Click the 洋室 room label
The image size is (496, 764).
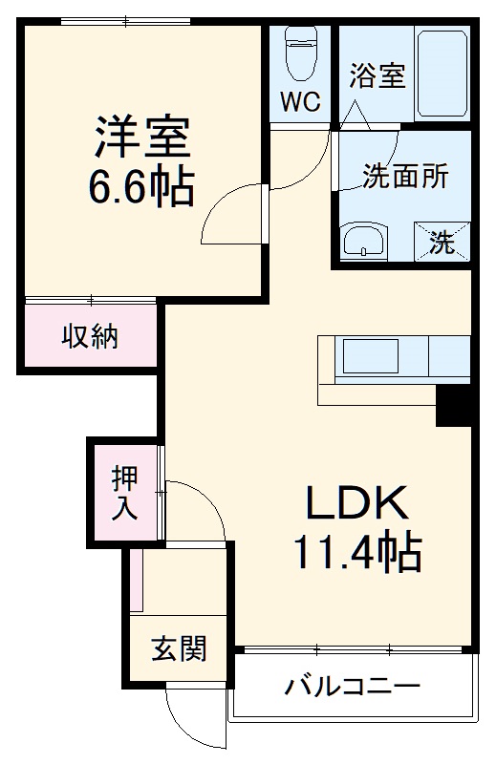[143, 136]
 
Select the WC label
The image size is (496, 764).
[299, 101]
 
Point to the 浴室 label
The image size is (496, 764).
[377, 76]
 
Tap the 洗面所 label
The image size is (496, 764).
[404, 177]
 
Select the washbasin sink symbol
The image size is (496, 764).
[364, 241]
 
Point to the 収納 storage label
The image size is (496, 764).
[91, 336]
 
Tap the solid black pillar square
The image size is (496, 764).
[455, 405]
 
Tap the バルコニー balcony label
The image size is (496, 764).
[353, 687]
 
